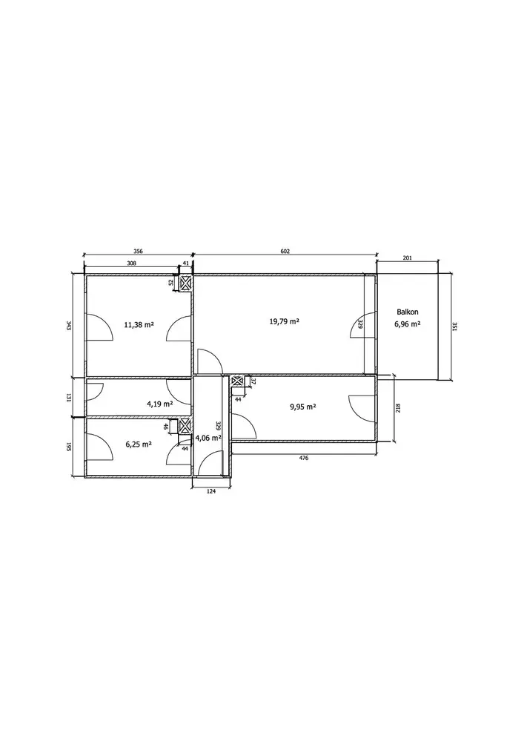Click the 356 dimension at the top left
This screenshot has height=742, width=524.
(138, 252)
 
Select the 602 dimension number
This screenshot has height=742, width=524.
(285, 252)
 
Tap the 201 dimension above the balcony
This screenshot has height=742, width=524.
(408, 258)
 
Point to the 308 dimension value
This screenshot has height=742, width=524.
(131, 263)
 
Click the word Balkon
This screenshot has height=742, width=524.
(408, 312)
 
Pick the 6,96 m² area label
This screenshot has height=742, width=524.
(408, 324)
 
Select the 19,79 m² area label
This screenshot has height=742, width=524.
(285, 321)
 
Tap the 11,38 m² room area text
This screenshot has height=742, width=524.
(139, 325)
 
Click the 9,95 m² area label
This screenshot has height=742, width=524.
(302, 406)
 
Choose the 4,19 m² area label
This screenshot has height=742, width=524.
(159, 404)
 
